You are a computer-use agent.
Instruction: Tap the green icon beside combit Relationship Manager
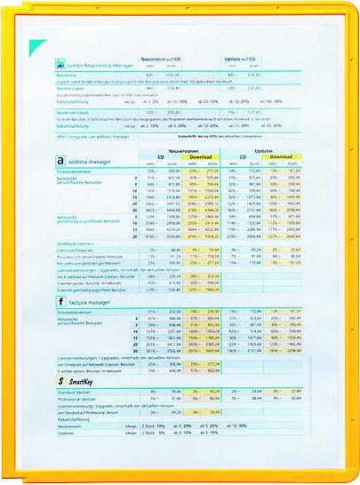(x=59, y=66)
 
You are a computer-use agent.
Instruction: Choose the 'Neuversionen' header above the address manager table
(x=185, y=151)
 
